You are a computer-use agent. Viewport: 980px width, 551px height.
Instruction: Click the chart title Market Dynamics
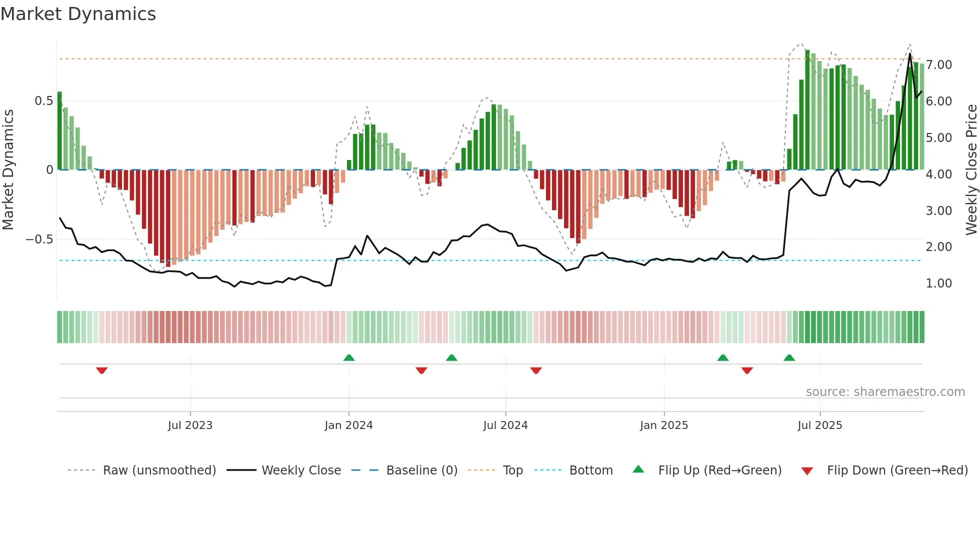click(x=78, y=14)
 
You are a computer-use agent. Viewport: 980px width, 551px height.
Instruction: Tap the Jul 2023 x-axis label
click(x=190, y=425)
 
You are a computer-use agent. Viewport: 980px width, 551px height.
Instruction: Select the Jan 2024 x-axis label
click(x=348, y=425)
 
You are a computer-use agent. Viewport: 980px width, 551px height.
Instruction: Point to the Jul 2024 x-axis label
click(x=505, y=425)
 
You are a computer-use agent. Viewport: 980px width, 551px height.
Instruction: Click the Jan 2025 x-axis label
click(x=663, y=425)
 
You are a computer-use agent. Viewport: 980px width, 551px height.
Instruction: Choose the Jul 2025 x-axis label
click(x=819, y=425)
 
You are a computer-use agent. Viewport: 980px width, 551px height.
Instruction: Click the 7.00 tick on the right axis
click(x=938, y=65)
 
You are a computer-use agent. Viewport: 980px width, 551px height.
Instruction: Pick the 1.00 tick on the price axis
click(x=938, y=283)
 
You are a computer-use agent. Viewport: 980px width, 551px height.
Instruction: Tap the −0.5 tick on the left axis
click(x=39, y=239)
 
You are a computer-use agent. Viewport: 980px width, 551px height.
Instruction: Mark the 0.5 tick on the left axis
click(x=43, y=101)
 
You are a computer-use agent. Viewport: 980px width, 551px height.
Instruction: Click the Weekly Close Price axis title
click(x=971, y=169)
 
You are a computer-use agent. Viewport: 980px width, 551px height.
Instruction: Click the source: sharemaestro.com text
click(x=885, y=392)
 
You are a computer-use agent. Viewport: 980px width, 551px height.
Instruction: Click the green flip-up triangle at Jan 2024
click(x=349, y=357)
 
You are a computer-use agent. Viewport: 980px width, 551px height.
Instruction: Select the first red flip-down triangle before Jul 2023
click(x=101, y=370)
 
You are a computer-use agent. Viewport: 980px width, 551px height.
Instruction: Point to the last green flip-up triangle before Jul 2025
click(x=789, y=357)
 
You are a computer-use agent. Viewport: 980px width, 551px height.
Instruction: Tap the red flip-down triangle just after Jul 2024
click(x=535, y=370)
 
